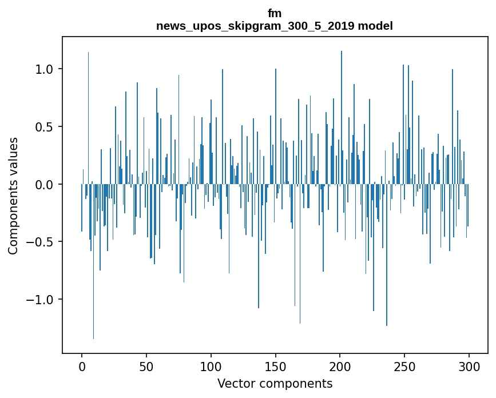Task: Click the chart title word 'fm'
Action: pyautogui.click(x=275, y=13)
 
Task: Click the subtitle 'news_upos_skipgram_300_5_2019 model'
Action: pyautogui.click(x=275, y=26)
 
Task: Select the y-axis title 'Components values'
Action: pyautogui.click(x=13, y=196)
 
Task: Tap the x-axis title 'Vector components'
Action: pyautogui.click(x=275, y=383)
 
